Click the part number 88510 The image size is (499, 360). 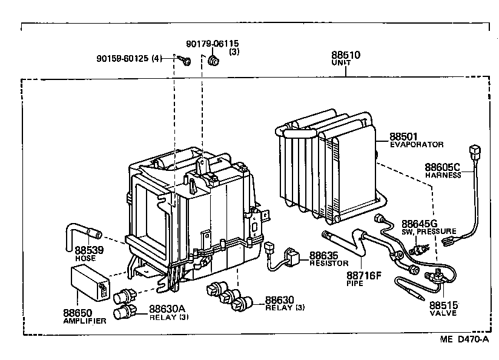pyautogui.click(x=346, y=55)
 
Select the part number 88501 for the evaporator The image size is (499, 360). pyautogui.click(x=404, y=137)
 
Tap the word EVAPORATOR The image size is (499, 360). pyautogui.click(x=417, y=145)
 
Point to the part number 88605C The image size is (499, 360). pyautogui.click(x=442, y=167)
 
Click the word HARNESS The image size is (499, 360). pyautogui.click(x=443, y=175)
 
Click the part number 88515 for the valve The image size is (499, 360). pyautogui.click(x=444, y=305)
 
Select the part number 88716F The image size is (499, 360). pyautogui.click(x=364, y=275)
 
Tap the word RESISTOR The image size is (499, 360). pyautogui.click(x=329, y=264)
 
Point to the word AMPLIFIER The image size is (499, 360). pyautogui.click(x=85, y=321)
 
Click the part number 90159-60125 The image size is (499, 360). pyautogui.click(x=124, y=58)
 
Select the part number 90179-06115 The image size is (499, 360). pyautogui.click(x=212, y=44)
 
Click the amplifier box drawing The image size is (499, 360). pyautogui.click(x=90, y=284)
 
